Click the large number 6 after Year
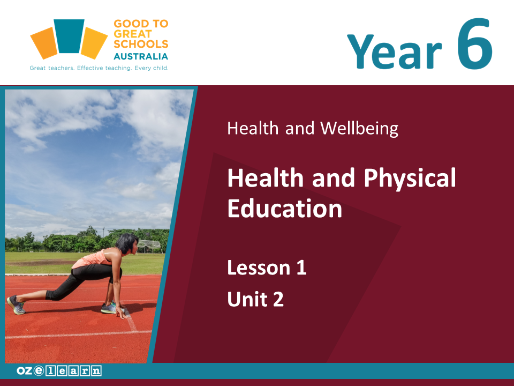pyautogui.click(x=475, y=43)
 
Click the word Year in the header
pyautogui.click(x=395, y=51)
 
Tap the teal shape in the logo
pyautogui.click(x=69, y=36)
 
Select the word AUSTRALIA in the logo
pyautogui.click(x=141, y=56)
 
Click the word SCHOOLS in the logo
pyautogui.click(x=141, y=44)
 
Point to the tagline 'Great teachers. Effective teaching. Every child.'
pyautogui.click(x=99, y=68)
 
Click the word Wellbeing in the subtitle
pyautogui.click(x=359, y=128)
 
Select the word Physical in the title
pyautogui.click(x=410, y=179)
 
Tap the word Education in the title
pyautogui.click(x=284, y=209)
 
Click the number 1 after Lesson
pyautogui.click(x=301, y=268)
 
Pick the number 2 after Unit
pyautogui.click(x=278, y=299)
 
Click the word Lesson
pyautogui.click(x=259, y=268)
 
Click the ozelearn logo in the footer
pyautogui.click(x=59, y=371)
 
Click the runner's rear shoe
pyautogui.click(x=16, y=305)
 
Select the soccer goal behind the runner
pyautogui.click(x=149, y=247)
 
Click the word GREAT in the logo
pyautogui.click(x=133, y=34)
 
